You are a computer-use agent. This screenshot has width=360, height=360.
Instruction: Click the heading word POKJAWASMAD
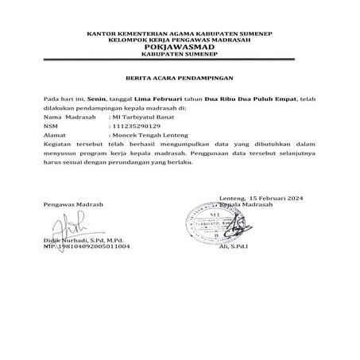pyautogui.click(x=179, y=46)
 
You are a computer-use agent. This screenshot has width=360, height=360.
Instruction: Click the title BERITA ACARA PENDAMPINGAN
pyautogui.click(x=179, y=79)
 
